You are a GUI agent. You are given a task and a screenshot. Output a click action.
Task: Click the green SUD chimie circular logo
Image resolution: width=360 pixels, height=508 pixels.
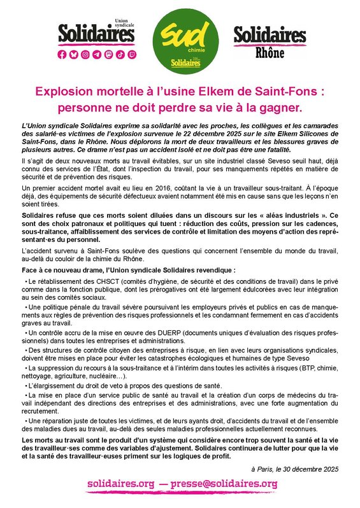pyautogui.click(x=180, y=40)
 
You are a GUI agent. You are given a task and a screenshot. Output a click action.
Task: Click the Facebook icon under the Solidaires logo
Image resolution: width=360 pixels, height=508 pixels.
pyautogui.click(x=62, y=55)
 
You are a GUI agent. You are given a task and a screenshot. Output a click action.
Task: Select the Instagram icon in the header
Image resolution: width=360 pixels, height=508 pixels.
pyautogui.click(x=85, y=55)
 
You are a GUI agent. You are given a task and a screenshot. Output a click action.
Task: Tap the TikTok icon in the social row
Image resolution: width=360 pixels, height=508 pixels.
pyautogui.click(x=119, y=55)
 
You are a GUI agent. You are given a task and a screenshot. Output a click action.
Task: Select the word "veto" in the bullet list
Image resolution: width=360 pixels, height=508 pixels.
pyautogui.click(x=116, y=386)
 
